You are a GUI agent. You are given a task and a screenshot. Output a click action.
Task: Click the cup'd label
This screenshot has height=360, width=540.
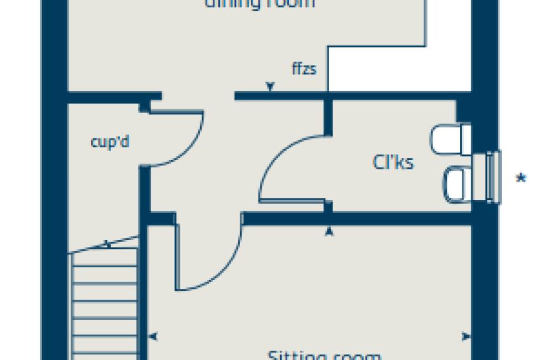click(x=110, y=142)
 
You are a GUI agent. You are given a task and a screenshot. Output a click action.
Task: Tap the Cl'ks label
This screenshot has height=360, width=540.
click(x=393, y=163)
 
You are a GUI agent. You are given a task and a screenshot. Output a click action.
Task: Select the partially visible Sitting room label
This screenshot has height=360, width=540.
click(x=324, y=354)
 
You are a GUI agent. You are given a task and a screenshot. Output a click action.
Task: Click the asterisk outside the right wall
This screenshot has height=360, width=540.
click(x=521, y=180)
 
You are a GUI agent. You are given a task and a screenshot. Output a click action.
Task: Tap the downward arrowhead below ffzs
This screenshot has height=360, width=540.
click(x=271, y=87)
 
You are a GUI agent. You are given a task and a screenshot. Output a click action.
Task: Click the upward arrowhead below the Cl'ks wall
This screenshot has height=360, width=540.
click(x=329, y=232)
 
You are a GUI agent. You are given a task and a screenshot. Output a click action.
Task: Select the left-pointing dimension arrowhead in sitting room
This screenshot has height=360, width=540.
click(x=152, y=337)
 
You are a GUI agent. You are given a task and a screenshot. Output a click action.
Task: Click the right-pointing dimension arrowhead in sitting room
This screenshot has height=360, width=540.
click(x=466, y=337)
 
